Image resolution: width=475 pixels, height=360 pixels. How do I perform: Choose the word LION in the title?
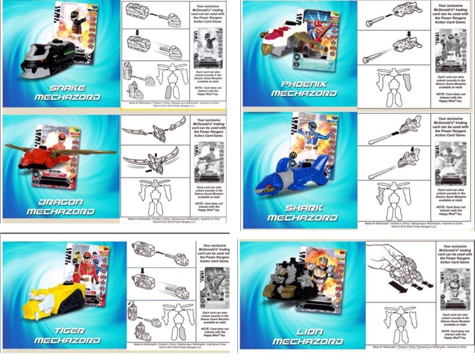310,331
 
